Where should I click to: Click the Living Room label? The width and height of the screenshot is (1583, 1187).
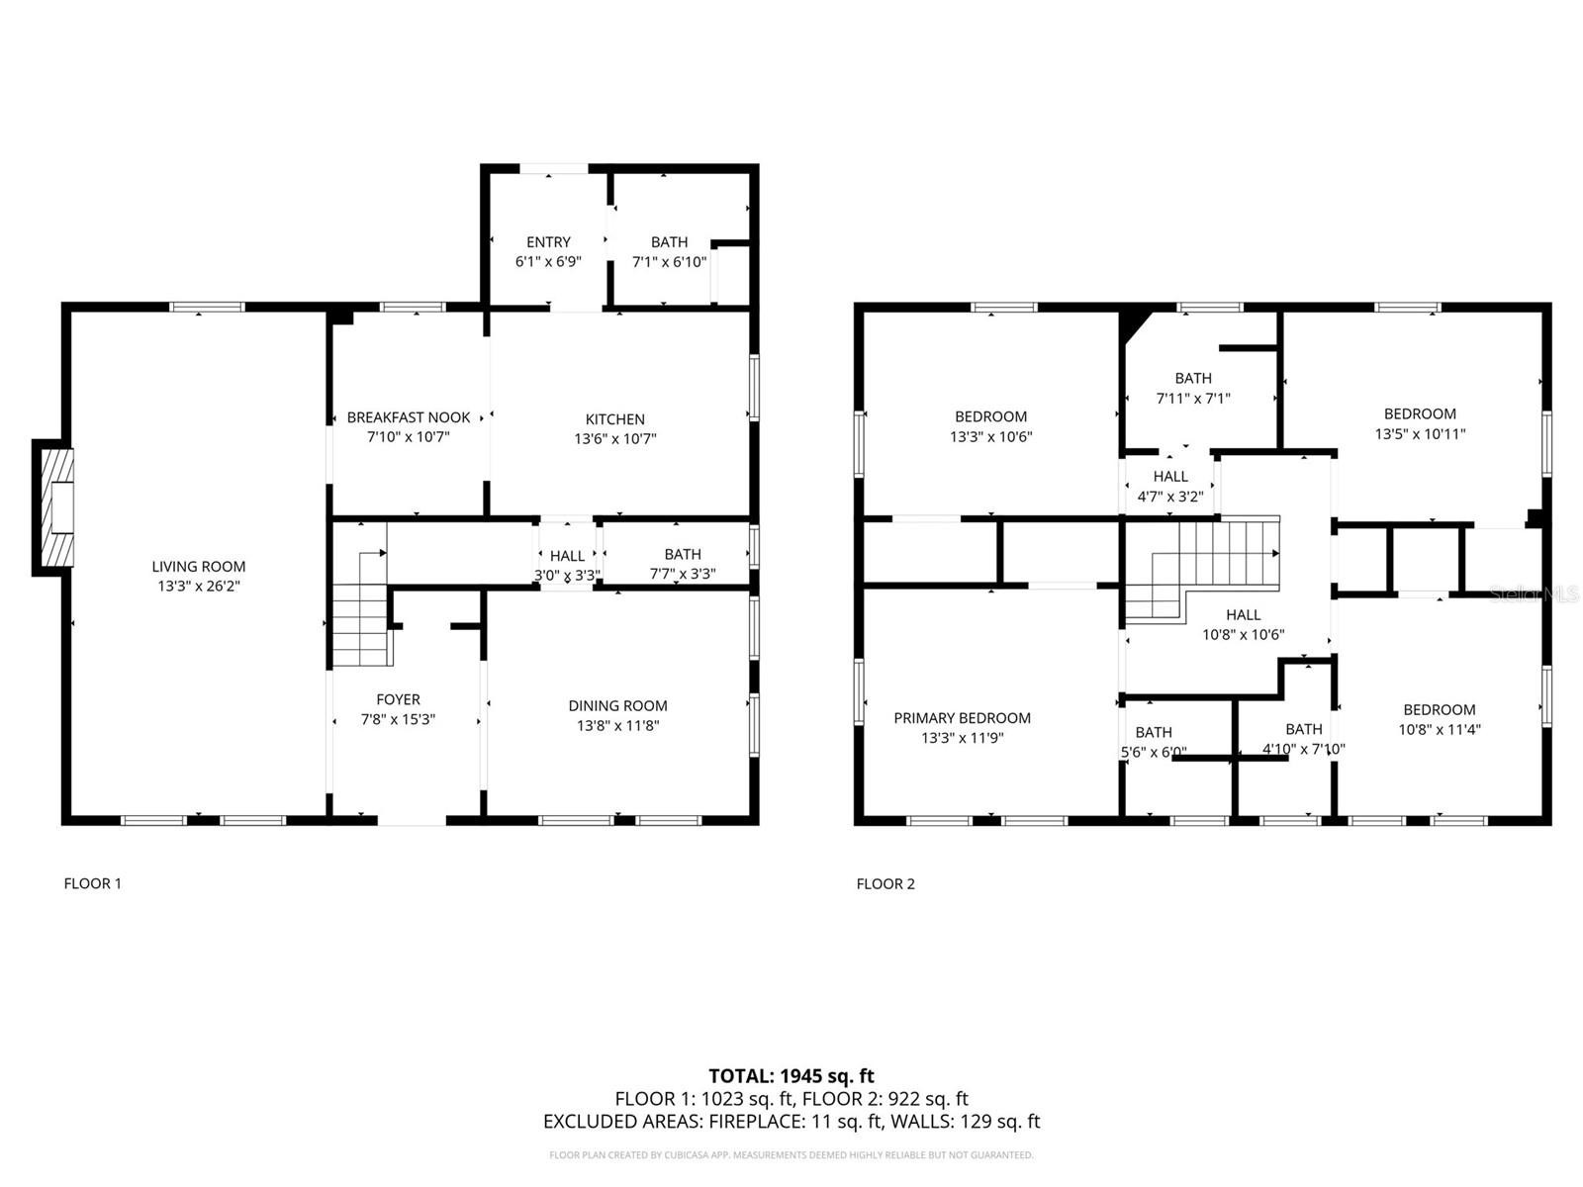198,567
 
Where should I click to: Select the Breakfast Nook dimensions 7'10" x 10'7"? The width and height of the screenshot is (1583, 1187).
409,437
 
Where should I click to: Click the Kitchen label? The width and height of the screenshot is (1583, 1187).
614,419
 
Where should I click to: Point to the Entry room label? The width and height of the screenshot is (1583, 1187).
548,242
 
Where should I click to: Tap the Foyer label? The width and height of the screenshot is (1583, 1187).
398,700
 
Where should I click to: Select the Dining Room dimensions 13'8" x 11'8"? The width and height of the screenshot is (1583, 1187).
618,725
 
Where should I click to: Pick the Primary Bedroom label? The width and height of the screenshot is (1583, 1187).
962,718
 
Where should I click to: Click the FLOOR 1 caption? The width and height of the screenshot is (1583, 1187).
92,883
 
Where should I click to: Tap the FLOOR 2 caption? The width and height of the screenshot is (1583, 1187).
885,883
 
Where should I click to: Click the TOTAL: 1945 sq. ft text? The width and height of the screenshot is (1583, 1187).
791,1075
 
